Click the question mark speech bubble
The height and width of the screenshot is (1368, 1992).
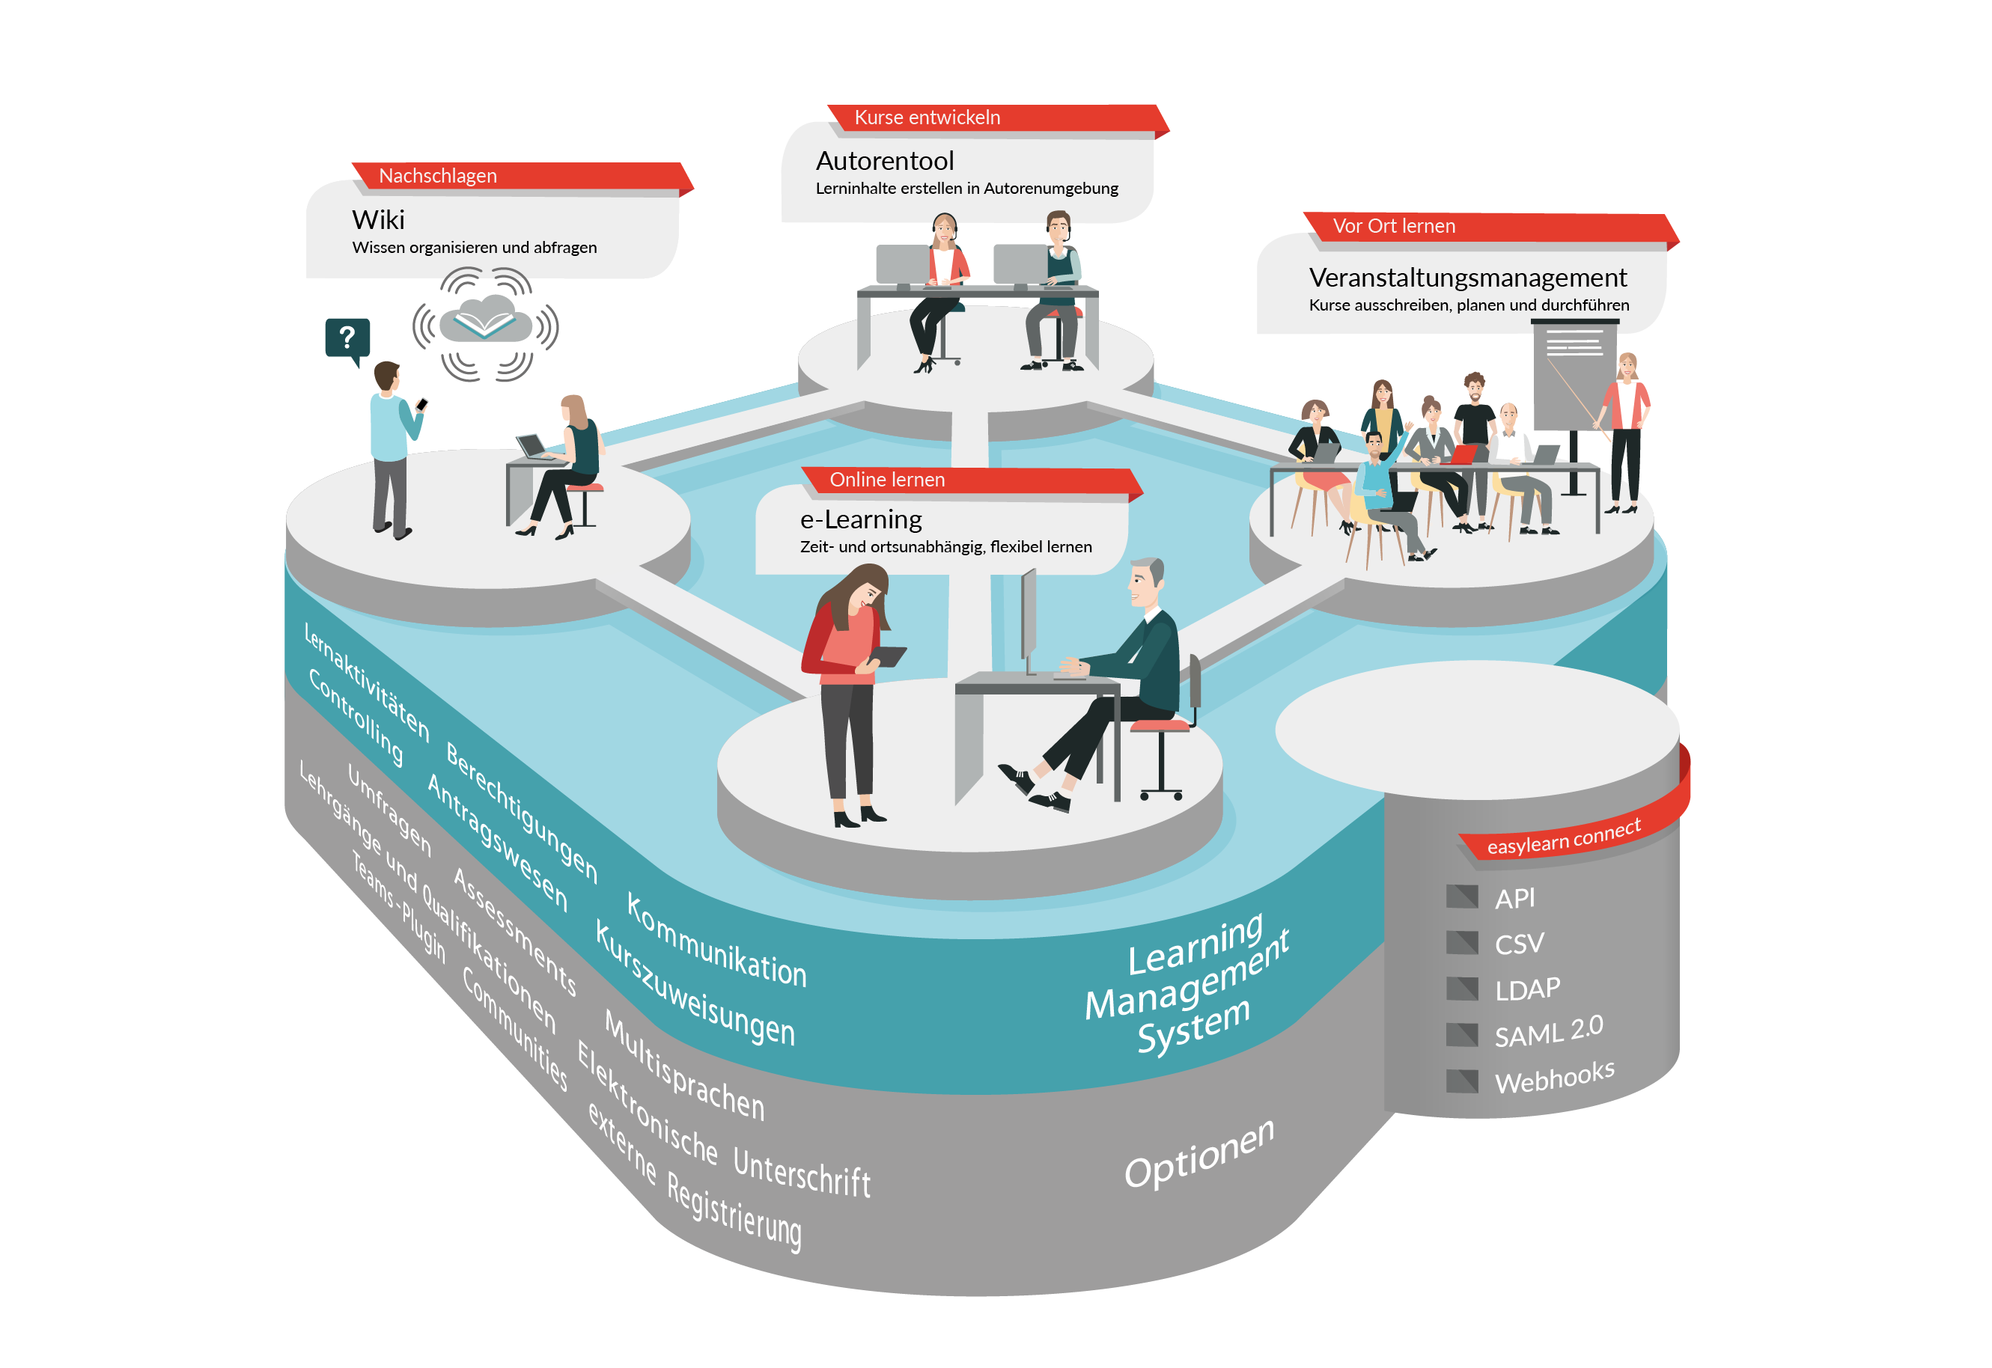coord(347,338)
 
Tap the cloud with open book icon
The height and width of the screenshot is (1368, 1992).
coord(486,322)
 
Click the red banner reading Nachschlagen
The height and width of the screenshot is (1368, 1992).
coord(437,176)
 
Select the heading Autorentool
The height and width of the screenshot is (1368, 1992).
coord(885,161)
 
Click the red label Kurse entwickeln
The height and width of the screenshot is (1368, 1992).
coord(928,117)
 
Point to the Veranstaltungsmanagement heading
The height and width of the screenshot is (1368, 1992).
coord(1467,278)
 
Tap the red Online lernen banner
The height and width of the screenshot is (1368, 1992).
coord(887,480)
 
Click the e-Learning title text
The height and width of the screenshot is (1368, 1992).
coord(861,519)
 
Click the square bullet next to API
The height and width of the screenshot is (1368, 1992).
coord(1461,897)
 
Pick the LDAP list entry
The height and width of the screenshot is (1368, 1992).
coord(1527,990)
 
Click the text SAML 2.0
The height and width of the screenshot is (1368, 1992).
coord(1548,1031)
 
